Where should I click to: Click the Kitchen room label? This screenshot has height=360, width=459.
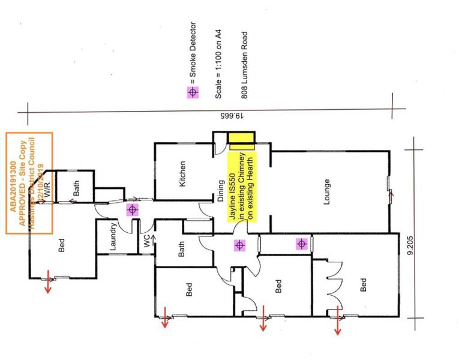coord(183,173)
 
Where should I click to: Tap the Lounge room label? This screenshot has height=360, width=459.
coord(328,191)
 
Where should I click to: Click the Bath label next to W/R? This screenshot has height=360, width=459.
coord(76,189)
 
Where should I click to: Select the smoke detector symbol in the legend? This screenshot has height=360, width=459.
coord(192,92)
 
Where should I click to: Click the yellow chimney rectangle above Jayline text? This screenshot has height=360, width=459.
coord(242,140)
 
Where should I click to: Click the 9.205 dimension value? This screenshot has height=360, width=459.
coord(410,246)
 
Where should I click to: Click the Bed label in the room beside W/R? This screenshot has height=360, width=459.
coord(61,245)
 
